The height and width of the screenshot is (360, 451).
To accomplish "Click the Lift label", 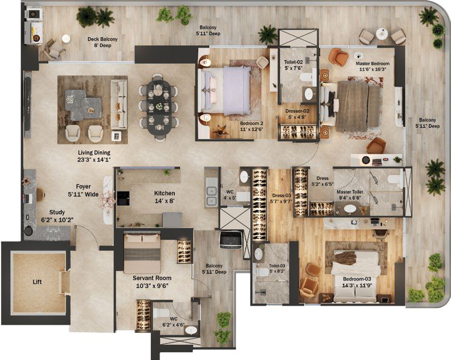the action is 37,282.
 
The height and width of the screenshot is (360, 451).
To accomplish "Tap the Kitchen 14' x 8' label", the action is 164,197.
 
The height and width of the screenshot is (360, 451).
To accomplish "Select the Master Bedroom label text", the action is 373,64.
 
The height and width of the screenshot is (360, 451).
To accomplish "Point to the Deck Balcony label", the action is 102,39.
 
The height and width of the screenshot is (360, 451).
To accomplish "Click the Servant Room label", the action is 152,278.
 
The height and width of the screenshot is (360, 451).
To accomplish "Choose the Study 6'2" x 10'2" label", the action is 57,216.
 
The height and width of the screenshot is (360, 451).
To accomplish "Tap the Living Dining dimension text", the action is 94,160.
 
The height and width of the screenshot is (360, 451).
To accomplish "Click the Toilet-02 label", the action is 293,62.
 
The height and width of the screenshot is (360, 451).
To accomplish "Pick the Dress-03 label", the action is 281,196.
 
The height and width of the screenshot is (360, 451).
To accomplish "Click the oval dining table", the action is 159,108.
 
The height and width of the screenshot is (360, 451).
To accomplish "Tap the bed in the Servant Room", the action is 142,253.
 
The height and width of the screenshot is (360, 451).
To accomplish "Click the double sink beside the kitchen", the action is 211,196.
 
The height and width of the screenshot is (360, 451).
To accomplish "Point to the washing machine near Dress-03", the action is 231,239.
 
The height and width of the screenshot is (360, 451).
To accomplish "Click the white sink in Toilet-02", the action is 309,93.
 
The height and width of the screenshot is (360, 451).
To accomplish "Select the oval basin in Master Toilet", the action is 350,209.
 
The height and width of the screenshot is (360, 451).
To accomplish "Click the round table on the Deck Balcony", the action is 66,38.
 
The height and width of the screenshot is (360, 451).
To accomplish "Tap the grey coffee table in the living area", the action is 84,105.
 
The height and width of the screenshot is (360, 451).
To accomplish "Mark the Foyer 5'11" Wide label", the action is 83,190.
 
